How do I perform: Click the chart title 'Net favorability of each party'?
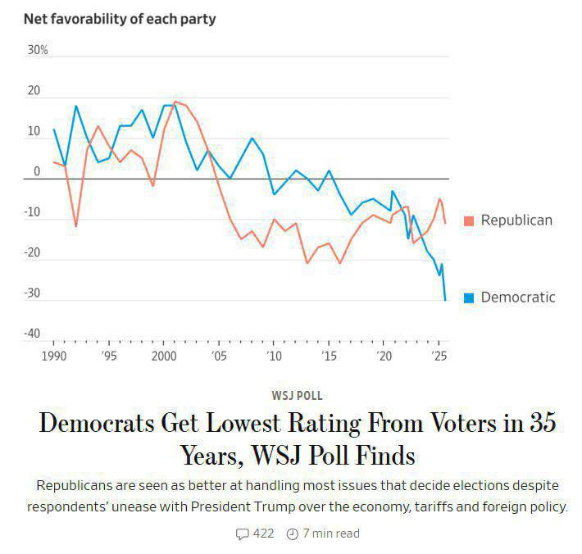coord(120,18)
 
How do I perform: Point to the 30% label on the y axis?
coord(38,50)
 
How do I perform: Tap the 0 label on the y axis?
coord(36,171)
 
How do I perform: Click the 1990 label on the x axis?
coord(54,356)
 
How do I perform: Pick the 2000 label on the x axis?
coord(164,356)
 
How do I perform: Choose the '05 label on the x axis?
coord(219,356)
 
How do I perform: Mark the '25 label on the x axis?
coord(439,356)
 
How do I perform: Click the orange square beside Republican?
coord(469,220)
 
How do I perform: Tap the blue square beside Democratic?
coord(469,297)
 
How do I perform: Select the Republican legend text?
coord(516,220)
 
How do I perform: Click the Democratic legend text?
coord(518,297)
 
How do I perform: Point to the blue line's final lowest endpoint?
coord(445,300)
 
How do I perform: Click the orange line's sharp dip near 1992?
coord(76,226)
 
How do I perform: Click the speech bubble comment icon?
coord(242,534)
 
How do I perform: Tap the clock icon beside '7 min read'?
coord(293,534)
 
